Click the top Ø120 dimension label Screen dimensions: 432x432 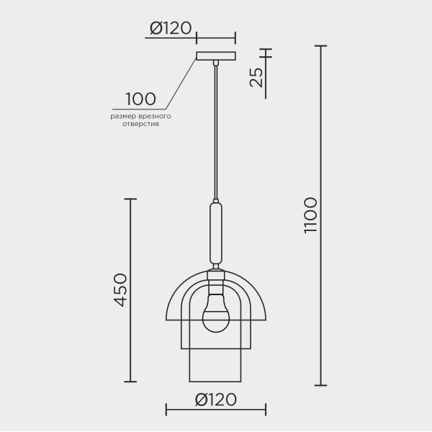171,28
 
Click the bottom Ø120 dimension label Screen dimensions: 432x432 215,400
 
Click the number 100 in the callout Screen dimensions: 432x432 141,99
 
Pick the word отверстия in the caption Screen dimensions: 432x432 140,124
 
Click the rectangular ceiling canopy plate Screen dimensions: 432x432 215,56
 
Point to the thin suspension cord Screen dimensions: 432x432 215,130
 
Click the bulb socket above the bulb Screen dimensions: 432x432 215,277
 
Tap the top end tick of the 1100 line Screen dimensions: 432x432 320,46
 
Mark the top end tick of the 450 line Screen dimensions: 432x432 130,199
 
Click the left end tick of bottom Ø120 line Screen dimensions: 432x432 166,412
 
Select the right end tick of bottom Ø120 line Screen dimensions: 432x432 265,412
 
